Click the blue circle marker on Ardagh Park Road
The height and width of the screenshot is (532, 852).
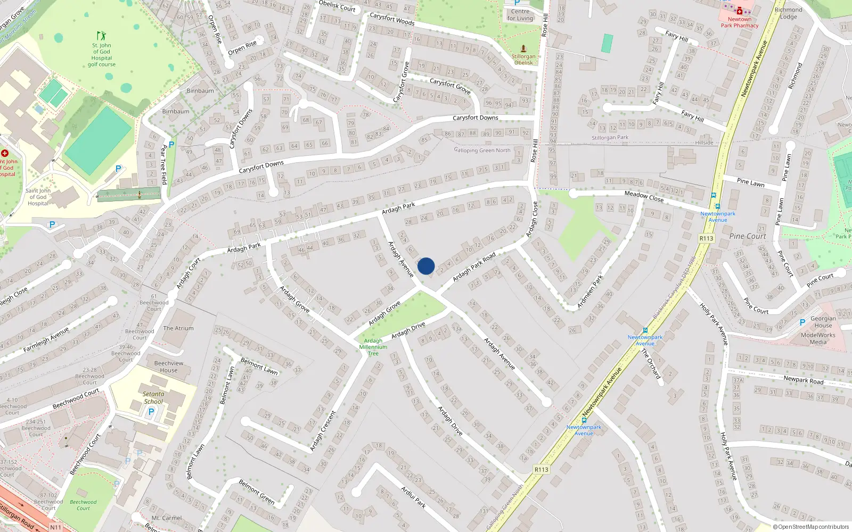click(426, 266)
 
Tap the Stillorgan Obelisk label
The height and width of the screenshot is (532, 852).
click(523, 59)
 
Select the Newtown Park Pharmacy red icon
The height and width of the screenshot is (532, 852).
click(740, 11)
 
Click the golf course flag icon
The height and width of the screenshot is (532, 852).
click(101, 36)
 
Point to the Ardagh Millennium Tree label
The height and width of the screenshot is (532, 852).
click(373, 347)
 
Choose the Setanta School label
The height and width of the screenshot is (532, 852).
click(153, 398)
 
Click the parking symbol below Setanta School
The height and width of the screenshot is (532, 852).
click(151, 412)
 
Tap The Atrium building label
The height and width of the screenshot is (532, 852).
click(178, 328)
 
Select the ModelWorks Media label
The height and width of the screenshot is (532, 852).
click(818, 338)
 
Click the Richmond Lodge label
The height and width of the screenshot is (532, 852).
click(789, 13)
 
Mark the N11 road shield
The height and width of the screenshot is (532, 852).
click(55, 527)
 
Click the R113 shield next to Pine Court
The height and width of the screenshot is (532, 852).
click(706, 238)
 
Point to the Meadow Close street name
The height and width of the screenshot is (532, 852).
click(644, 196)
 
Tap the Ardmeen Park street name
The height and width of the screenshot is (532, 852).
click(590, 292)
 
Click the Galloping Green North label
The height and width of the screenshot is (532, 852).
click(482, 151)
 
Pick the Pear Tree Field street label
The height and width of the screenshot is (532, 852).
click(164, 164)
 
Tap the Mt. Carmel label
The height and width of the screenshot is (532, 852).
click(167, 518)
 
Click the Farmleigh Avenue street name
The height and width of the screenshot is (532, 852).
click(46, 340)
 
